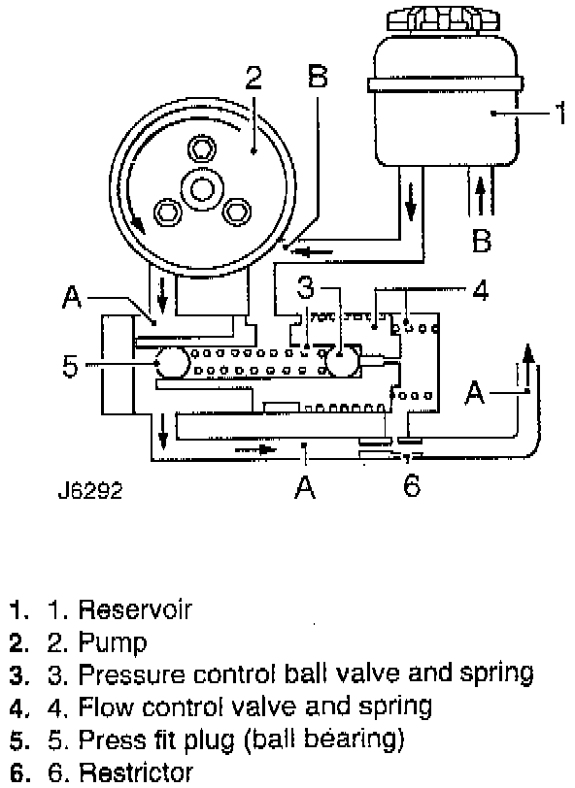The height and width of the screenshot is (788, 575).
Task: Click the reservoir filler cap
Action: [443, 19]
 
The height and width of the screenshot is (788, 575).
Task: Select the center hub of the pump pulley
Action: [201, 189]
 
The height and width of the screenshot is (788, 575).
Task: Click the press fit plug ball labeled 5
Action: [172, 363]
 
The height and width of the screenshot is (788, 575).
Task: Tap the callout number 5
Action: [71, 365]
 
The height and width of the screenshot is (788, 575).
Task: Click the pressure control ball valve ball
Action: [343, 360]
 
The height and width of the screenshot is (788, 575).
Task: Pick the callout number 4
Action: [480, 290]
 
